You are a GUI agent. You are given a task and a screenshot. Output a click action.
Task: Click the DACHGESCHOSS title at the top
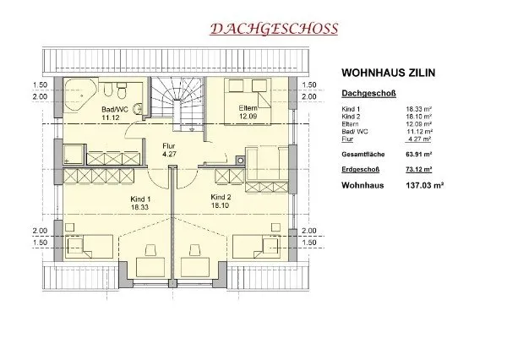coord(274,29)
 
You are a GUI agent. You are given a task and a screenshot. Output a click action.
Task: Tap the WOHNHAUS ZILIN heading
coord(389,73)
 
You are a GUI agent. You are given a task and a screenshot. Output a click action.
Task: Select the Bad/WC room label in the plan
coord(115,109)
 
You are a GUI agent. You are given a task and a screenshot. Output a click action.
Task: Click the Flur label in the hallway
coord(169,146)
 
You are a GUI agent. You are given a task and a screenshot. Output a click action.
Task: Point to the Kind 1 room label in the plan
coord(140,199)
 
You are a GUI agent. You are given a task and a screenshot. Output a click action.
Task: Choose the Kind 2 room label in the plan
coord(221,197)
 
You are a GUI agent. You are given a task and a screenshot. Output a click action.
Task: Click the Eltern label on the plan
coord(248,108)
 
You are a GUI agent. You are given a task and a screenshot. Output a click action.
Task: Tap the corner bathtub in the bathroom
coord(80,94)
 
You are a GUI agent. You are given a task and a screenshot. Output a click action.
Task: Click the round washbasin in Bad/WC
coord(139,108)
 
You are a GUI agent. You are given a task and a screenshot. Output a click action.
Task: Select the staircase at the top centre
coord(177,103)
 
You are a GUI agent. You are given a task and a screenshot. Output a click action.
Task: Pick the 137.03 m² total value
coord(424,186)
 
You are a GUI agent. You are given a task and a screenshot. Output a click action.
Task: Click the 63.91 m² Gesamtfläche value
coord(419,155)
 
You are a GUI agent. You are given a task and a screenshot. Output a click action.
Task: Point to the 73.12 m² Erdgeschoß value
coord(419,169)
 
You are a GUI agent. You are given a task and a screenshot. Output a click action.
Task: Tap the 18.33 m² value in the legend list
coord(419,109)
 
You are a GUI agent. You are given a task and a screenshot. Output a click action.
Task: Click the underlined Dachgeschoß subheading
coord(369,94)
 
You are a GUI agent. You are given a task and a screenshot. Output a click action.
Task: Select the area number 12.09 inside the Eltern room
coord(248,116)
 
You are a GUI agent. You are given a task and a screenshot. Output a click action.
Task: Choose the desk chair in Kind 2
coord(194,249)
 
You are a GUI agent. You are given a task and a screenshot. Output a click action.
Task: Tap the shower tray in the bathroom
coord(74,155)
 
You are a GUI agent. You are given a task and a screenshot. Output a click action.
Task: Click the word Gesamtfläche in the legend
coord(363,155)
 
